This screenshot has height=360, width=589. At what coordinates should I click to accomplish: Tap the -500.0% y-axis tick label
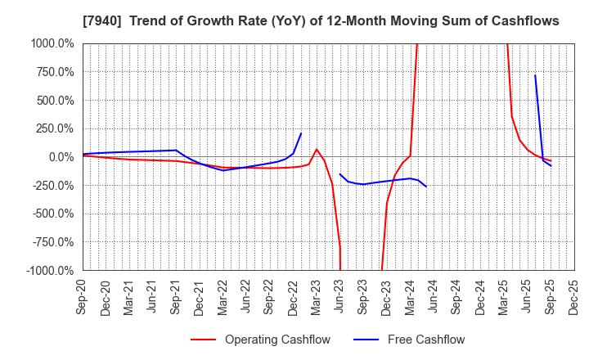(x=53, y=214)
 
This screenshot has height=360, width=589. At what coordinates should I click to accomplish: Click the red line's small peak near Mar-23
(x=317, y=149)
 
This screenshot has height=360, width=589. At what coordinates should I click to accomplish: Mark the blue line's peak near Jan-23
(x=301, y=133)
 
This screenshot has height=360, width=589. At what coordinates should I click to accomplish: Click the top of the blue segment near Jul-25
(x=535, y=75)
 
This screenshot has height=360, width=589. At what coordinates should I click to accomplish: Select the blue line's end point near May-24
(x=426, y=187)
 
